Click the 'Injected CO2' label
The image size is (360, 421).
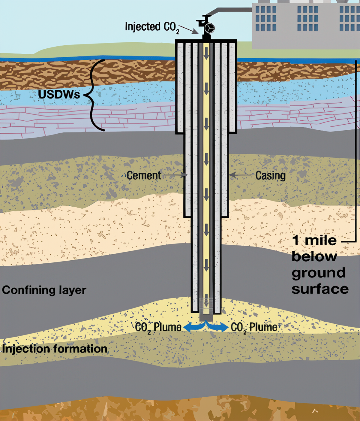coord(152,27)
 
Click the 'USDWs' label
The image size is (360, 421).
coord(59,95)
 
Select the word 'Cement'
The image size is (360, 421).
coord(144,175)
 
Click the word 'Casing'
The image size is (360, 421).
coord(270,175)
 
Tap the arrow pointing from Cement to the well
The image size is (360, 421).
coord(175,175)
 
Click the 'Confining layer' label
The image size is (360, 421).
coord(44,290)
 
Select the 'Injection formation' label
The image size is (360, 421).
coord(55,349)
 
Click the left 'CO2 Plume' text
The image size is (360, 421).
coord(158,327)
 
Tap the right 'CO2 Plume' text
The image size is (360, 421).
coord(254,327)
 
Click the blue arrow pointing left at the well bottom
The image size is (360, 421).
coord(193,327)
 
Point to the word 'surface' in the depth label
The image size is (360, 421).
coord(320,289)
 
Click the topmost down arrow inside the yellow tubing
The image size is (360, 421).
coord(206,55)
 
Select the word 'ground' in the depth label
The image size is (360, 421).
coord(319,273)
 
